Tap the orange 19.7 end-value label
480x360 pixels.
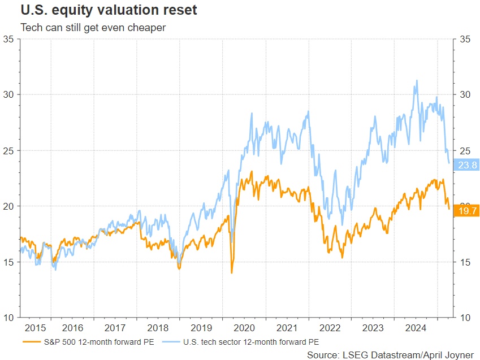coord(467,210)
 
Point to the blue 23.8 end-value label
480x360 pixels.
coord(467,165)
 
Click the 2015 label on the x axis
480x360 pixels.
coord(35,327)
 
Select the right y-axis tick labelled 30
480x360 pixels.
coord(465,94)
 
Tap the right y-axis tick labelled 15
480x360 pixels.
coord(465,262)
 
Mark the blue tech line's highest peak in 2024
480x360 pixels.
coord(417,80)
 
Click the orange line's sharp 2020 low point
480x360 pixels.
coord(232,273)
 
